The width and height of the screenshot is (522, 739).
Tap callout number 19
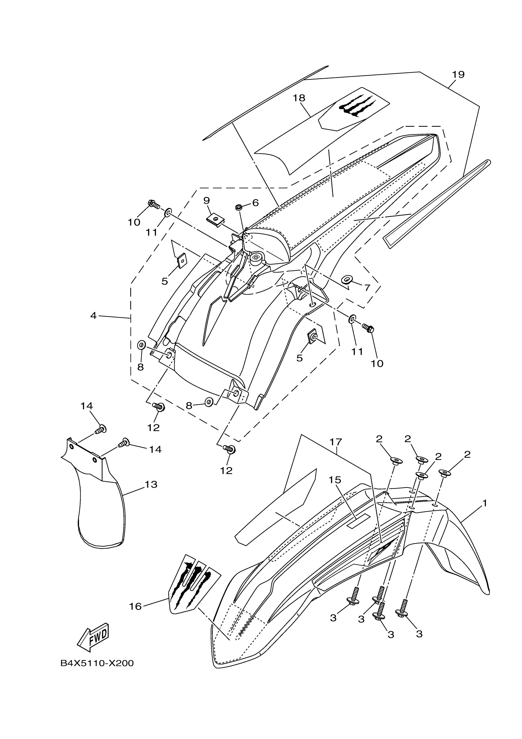coord(458,74)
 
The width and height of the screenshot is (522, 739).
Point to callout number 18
coord(299,98)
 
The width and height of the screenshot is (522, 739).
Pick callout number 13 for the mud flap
coord(151,484)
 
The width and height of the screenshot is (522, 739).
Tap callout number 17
coord(335,442)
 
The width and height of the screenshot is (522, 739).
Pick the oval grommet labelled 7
coord(346,279)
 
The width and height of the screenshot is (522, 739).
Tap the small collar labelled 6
coord(239,206)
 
